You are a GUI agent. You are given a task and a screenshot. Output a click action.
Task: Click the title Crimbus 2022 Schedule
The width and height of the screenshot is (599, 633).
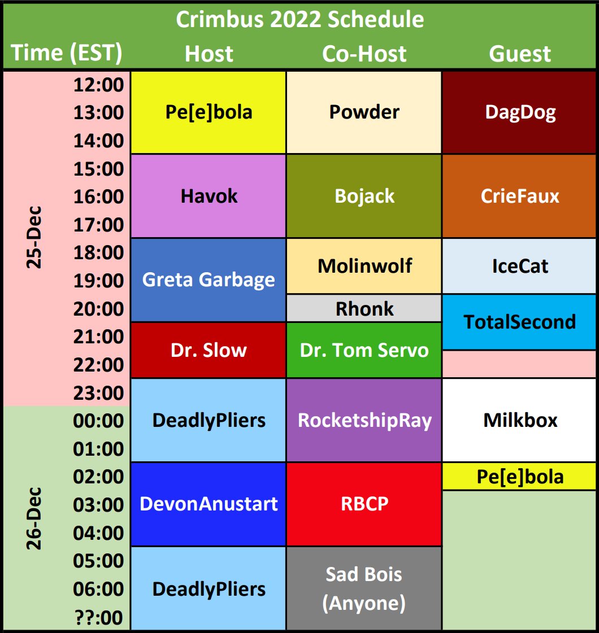click(x=299, y=19)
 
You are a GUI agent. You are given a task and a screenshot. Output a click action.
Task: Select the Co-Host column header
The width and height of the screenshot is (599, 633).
click(x=364, y=54)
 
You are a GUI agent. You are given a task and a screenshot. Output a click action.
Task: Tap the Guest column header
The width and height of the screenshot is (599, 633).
click(x=520, y=54)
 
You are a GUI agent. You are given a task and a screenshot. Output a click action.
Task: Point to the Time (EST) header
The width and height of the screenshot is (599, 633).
click(x=66, y=53)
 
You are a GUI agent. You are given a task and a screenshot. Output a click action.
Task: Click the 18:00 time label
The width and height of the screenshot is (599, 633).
click(x=98, y=253)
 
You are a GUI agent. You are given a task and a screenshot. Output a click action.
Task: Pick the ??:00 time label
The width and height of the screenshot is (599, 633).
click(x=98, y=617)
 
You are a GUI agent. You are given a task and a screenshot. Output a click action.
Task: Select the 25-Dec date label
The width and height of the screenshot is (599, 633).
click(x=34, y=237)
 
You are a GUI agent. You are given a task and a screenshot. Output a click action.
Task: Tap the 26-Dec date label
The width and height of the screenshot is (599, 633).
click(x=34, y=518)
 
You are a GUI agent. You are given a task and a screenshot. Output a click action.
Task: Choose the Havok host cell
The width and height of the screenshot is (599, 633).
click(x=209, y=196)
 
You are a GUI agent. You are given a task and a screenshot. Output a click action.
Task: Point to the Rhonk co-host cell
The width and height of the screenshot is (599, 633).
click(x=364, y=308)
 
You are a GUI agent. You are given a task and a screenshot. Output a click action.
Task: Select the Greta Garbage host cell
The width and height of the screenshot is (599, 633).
click(x=209, y=280)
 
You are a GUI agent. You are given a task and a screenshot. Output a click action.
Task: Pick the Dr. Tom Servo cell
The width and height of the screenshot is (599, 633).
click(x=364, y=350)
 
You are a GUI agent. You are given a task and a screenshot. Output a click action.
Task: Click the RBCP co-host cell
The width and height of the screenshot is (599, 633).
click(x=364, y=504)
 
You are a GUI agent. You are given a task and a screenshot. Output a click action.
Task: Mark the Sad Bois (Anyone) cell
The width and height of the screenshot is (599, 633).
click(x=364, y=588)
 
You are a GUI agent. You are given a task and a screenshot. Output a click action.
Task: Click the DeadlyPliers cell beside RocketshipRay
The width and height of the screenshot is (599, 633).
click(x=209, y=420)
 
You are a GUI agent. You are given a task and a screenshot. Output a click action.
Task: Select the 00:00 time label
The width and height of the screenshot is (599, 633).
click(x=98, y=421)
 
